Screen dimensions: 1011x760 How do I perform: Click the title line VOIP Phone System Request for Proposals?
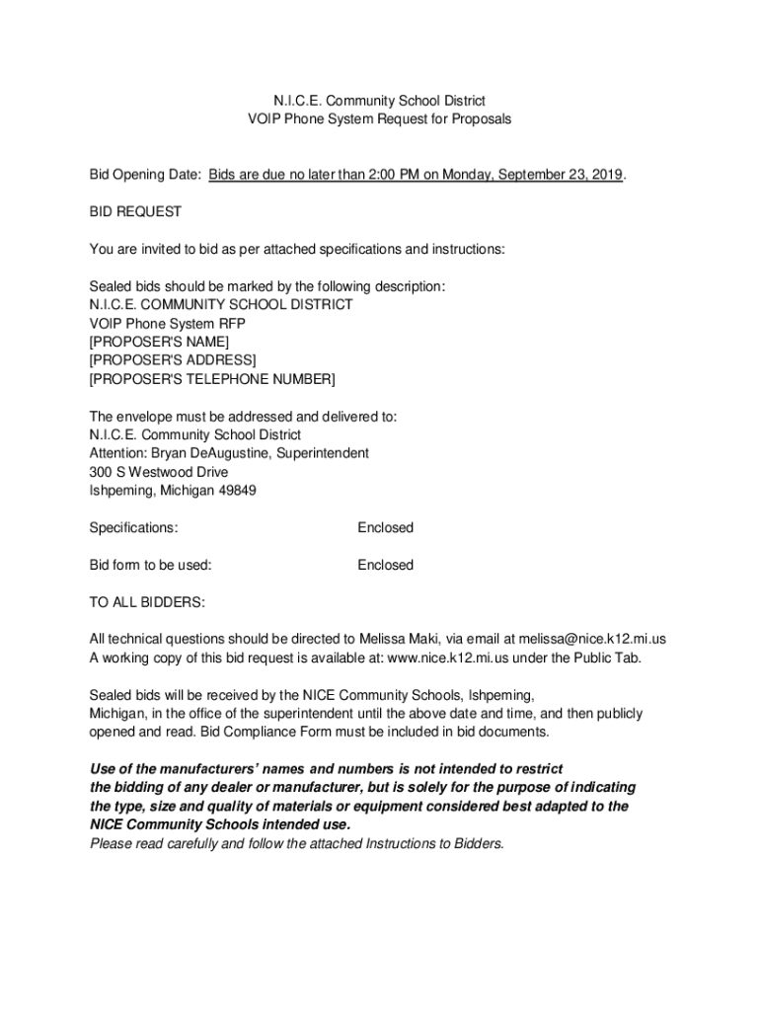click(x=379, y=119)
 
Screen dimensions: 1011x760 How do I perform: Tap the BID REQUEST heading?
click(x=135, y=212)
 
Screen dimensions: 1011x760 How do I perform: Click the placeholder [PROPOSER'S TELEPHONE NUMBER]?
click(x=212, y=379)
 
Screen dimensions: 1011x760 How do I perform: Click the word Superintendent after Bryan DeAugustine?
click(x=324, y=453)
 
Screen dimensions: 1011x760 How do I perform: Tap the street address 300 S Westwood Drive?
click(x=159, y=472)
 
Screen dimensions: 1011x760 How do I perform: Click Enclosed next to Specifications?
click(x=385, y=528)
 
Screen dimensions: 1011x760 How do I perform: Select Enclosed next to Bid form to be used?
click(x=385, y=566)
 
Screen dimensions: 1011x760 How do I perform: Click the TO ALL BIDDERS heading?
click(x=147, y=602)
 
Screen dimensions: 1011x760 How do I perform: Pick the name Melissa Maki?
click(x=394, y=640)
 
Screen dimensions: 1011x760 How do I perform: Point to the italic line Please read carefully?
click(x=296, y=843)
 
